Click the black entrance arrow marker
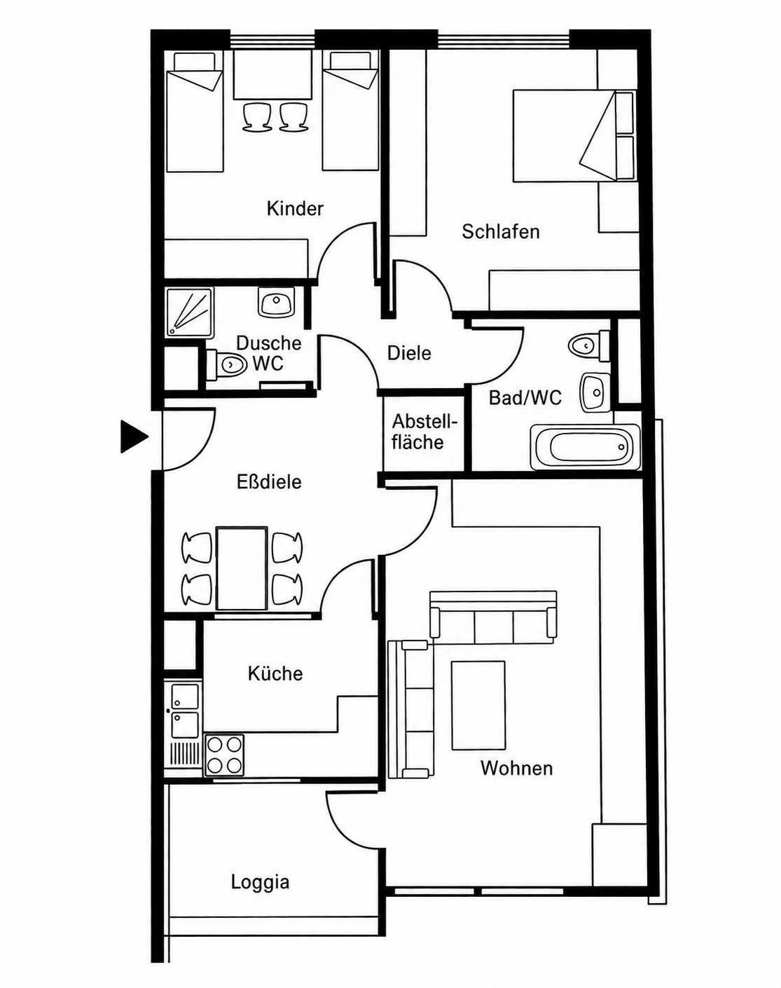134,436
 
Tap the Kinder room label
295,208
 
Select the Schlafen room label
500,231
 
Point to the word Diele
409,353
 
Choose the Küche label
275,673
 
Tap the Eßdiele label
270,481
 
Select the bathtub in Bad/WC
585,447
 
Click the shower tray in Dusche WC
189,311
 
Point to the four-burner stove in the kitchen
224,755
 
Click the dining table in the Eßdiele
242,568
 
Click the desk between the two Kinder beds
272,74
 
